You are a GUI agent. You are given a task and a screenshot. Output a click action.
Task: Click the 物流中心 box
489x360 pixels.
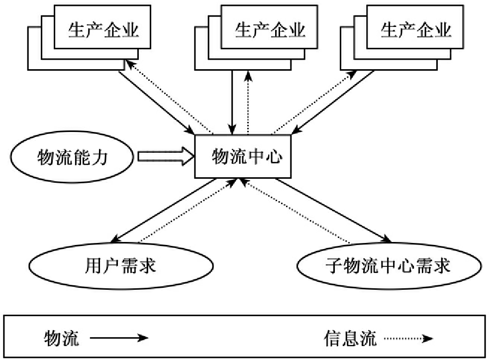(x=243, y=157)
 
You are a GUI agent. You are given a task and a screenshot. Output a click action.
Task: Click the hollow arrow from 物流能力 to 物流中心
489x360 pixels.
(x=165, y=157)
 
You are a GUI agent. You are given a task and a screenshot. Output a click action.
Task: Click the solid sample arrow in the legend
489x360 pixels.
(x=119, y=338)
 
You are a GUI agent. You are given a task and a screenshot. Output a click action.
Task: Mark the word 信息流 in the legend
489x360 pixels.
(x=346, y=339)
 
